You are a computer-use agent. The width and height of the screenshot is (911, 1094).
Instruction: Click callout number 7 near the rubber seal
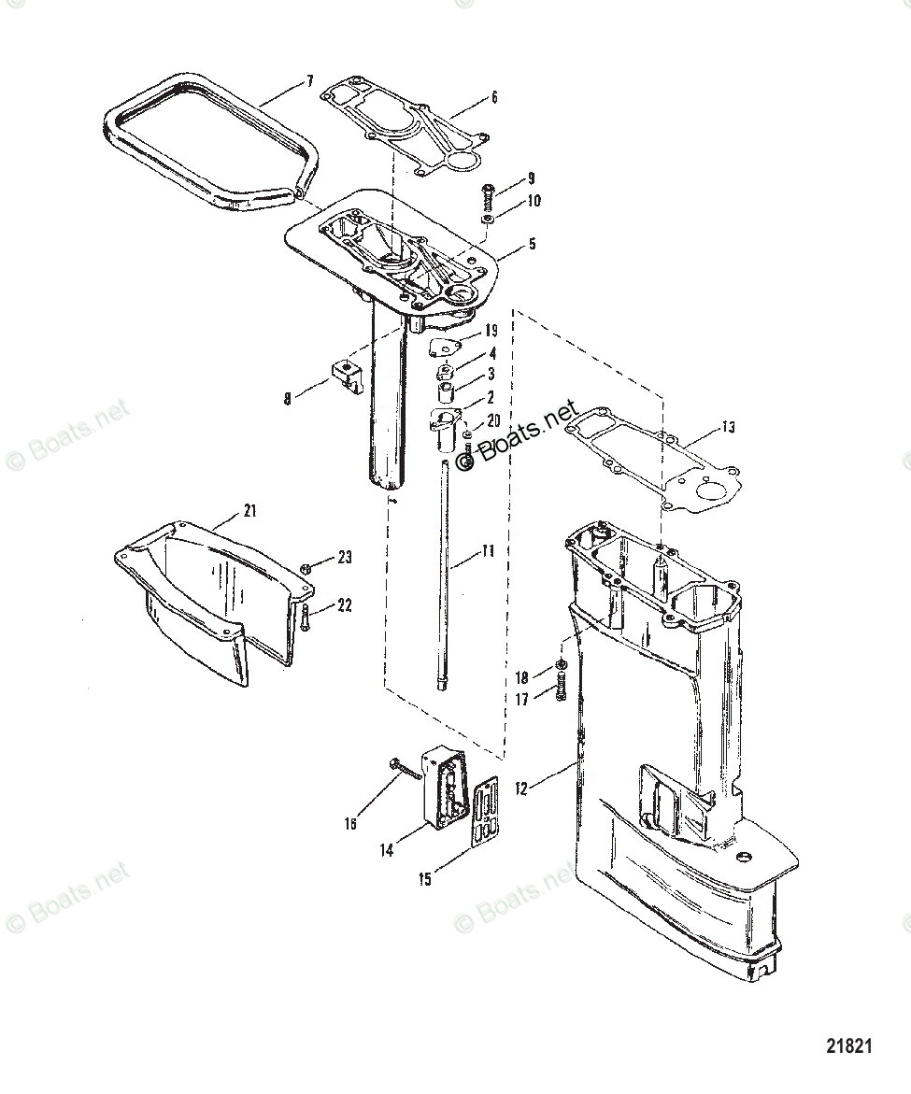pyautogui.click(x=309, y=81)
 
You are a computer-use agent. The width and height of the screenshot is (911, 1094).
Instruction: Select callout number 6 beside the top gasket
pyautogui.click(x=494, y=97)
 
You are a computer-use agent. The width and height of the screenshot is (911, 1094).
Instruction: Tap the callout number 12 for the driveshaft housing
pyautogui.click(x=520, y=789)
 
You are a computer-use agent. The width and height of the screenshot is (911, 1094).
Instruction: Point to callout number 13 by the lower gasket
pyautogui.click(x=728, y=428)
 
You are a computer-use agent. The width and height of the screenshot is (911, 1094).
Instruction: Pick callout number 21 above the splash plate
pyautogui.click(x=249, y=511)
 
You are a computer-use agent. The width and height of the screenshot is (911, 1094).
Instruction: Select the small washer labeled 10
pyautogui.click(x=488, y=219)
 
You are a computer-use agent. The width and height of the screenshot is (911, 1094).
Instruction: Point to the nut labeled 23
pyautogui.click(x=309, y=568)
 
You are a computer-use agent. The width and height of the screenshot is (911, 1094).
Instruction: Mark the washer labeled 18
pyautogui.click(x=562, y=665)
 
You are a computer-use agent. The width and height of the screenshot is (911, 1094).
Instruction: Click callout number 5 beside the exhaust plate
pyautogui.click(x=532, y=246)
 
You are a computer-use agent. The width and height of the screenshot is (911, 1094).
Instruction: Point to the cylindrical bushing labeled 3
pyautogui.click(x=446, y=386)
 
